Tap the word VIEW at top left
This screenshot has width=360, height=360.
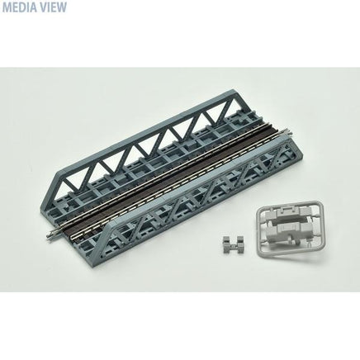[x=53, y=7]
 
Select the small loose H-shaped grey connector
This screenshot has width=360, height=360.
[x=234, y=244]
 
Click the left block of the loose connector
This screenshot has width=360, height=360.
[x=227, y=242]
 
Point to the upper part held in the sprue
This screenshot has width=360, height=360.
[x=289, y=213]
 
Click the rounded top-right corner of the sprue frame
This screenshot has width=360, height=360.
[x=320, y=203]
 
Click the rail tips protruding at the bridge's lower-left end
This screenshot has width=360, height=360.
[x=52, y=234]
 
